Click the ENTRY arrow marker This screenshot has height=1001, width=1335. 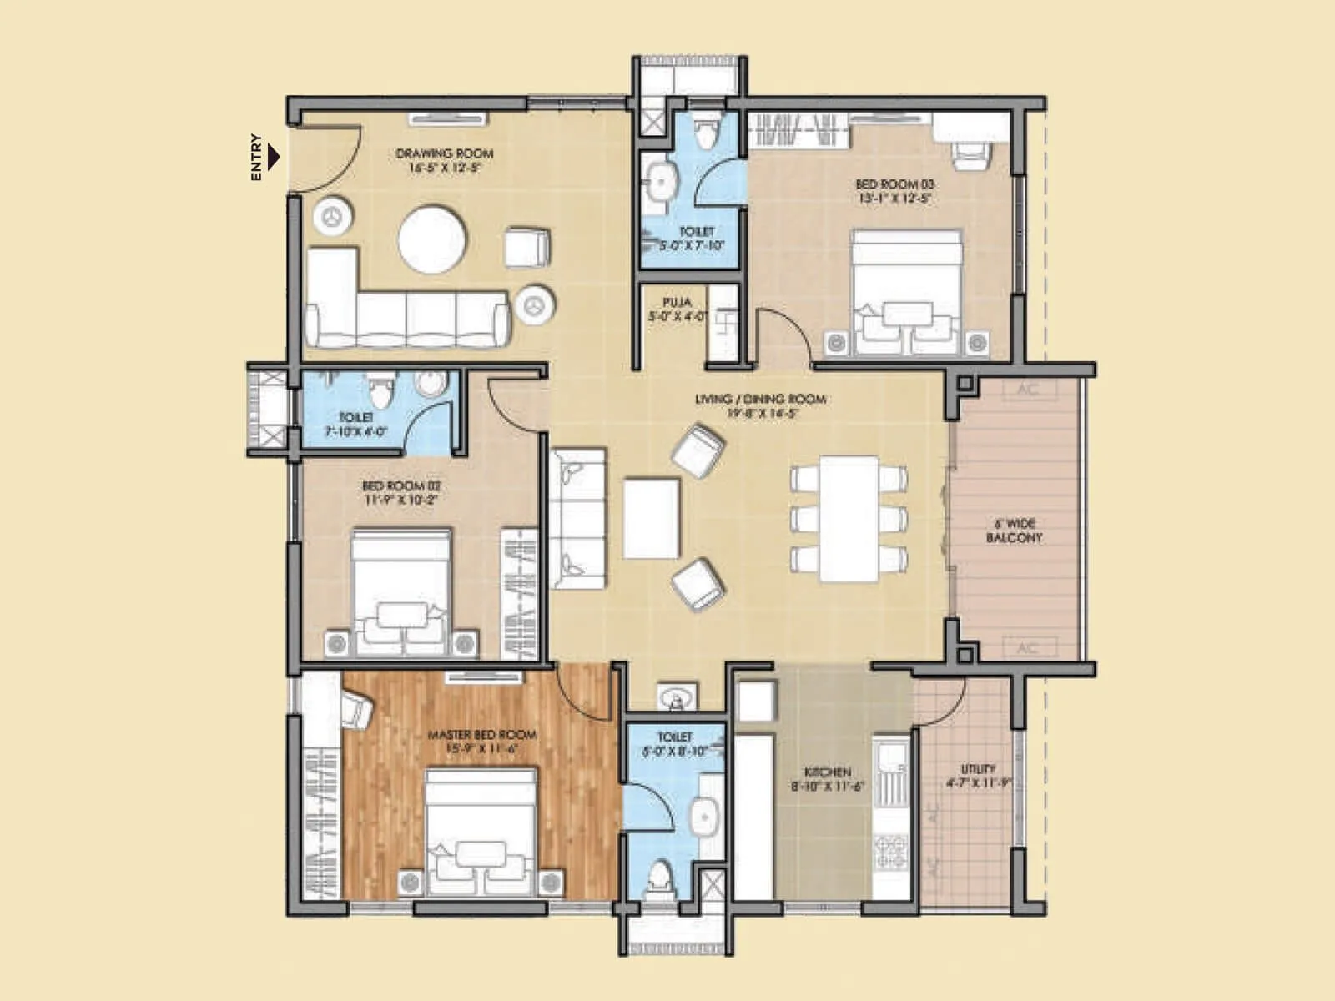274,157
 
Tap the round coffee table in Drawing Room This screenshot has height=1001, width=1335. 431,239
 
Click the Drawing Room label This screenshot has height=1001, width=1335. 444,154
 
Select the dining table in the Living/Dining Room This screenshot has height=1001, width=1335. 849,517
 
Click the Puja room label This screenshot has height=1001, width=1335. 677,303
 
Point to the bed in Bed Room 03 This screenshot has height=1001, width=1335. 906,292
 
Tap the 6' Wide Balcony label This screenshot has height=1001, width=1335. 1014,531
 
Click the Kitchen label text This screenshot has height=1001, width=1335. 827,772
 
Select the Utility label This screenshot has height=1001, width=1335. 977,769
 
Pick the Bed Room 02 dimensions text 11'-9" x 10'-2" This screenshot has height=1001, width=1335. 400,500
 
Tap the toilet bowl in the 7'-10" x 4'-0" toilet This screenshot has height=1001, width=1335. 380,389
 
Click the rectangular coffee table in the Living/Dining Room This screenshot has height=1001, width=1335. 651,517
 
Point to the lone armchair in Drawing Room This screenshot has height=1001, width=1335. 527,248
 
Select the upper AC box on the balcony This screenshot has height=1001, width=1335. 1027,390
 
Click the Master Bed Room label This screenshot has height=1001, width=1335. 481,735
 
